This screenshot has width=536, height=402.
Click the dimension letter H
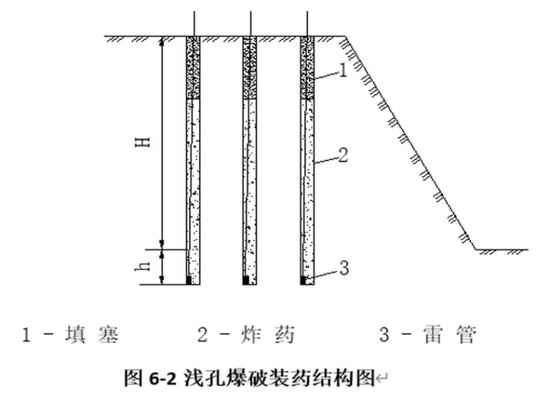[x=145, y=142]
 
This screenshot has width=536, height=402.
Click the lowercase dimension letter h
[x=145, y=267]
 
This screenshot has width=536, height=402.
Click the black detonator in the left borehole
[x=188, y=281]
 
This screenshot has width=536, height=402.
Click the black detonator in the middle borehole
[x=245, y=281]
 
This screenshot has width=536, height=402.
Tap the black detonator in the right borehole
[x=303, y=281]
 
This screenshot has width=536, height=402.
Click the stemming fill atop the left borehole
[x=194, y=68]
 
